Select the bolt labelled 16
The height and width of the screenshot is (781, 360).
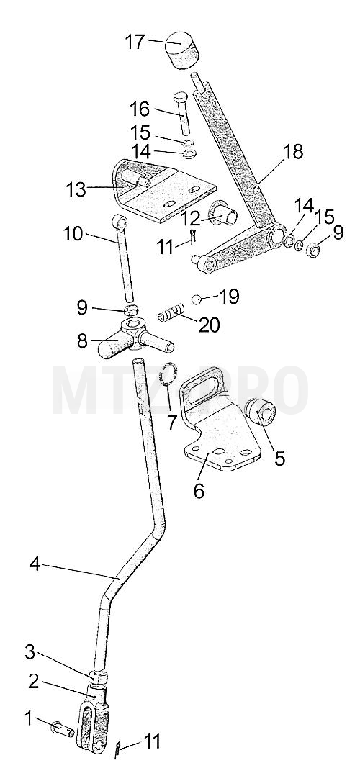click(x=183, y=114)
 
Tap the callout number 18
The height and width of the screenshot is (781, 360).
click(x=293, y=152)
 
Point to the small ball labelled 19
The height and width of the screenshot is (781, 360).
click(x=197, y=298)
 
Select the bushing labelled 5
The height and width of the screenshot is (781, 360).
click(x=261, y=412)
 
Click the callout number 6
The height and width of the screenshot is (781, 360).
click(x=199, y=491)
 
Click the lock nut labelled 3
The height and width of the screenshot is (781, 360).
click(x=97, y=677)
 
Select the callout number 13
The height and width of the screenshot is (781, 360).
click(x=76, y=189)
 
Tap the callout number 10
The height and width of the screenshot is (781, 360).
click(x=73, y=233)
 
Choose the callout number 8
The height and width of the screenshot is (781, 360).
click(x=82, y=341)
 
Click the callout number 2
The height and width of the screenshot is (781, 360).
click(x=33, y=682)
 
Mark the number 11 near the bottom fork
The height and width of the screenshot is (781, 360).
click(x=152, y=741)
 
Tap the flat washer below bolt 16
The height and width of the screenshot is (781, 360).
click(x=189, y=154)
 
